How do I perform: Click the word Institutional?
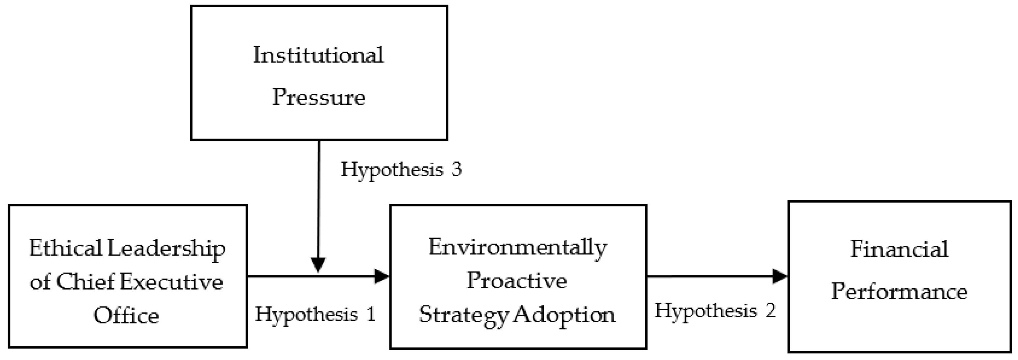[318, 55]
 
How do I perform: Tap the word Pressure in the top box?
[318, 97]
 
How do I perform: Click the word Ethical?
[65, 249]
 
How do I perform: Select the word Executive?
[171, 282]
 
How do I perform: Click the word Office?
[126, 316]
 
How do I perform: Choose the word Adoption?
[565, 315]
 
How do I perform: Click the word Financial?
[899, 249]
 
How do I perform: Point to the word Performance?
[899, 292]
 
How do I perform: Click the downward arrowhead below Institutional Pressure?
[318, 264]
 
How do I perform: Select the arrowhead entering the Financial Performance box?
[780, 276]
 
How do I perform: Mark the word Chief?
[85, 282]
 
